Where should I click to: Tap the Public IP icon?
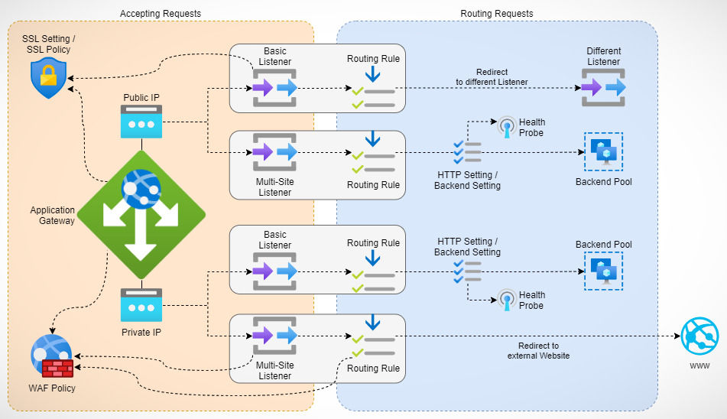pyautogui.click(x=141, y=122)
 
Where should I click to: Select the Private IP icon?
pyautogui.click(x=141, y=305)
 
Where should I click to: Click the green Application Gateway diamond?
pyautogui.click(x=141, y=215)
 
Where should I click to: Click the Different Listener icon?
pyautogui.click(x=604, y=88)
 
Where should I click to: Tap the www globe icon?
pyautogui.click(x=702, y=337)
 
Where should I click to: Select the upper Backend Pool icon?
pyautogui.click(x=604, y=152)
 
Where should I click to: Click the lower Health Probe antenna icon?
pyautogui.click(x=506, y=299)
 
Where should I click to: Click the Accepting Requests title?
pyautogui.click(x=161, y=14)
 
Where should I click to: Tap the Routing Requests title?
pyautogui.click(x=497, y=14)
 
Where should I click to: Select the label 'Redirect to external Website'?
pyautogui.click(x=538, y=350)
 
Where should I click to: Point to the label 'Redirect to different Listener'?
pyautogui.click(x=492, y=76)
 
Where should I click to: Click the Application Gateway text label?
pyautogui.click(x=53, y=216)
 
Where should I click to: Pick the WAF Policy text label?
pyautogui.click(x=52, y=388)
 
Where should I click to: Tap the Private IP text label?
pyautogui.click(x=141, y=333)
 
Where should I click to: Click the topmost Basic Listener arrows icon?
pyautogui.click(x=275, y=88)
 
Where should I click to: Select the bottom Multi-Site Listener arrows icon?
pyautogui.click(x=275, y=336)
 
